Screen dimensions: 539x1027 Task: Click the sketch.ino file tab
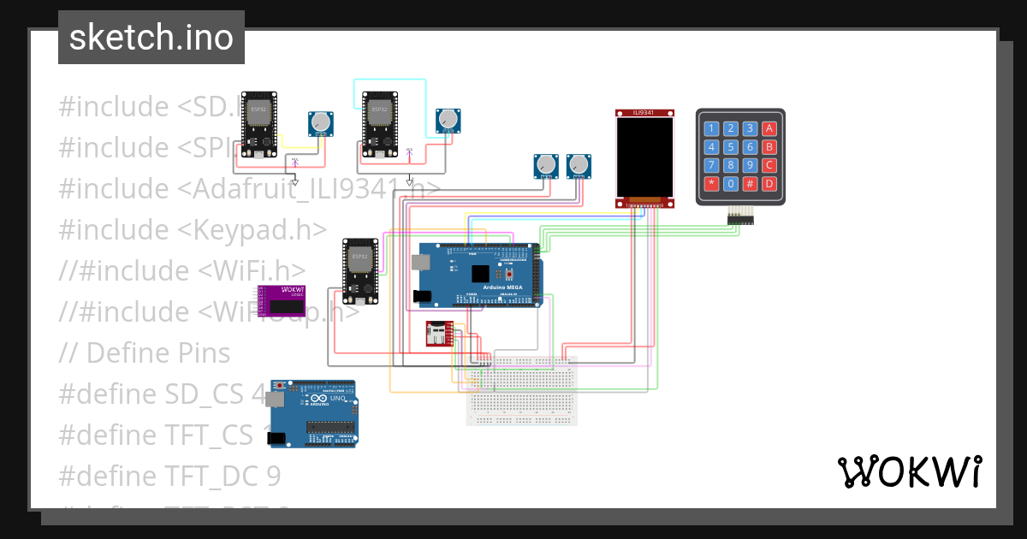pyautogui.click(x=151, y=38)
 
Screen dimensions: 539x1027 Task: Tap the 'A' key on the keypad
pyautogui.click(x=769, y=129)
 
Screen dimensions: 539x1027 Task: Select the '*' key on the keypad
pyautogui.click(x=711, y=184)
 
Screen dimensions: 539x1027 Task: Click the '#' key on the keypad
pyautogui.click(x=750, y=184)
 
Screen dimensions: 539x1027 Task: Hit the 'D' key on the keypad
pyautogui.click(x=769, y=184)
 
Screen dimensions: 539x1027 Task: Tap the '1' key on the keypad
pyautogui.click(x=711, y=129)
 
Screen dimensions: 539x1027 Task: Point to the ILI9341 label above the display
pyautogui.click(x=644, y=113)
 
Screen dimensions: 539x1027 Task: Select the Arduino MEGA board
pyautogui.click(x=479, y=275)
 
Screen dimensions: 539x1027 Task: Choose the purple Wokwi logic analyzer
pyautogui.click(x=283, y=301)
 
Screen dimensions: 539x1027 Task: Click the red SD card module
pyautogui.click(x=440, y=335)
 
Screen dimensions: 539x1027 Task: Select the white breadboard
pyautogui.click(x=522, y=390)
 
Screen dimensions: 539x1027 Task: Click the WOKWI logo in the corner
pyautogui.click(x=908, y=471)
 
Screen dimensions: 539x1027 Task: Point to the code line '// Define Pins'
pyautogui.click(x=145, y=352)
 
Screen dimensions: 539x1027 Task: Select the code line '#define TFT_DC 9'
pyautogui.click(x=169, y=476)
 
